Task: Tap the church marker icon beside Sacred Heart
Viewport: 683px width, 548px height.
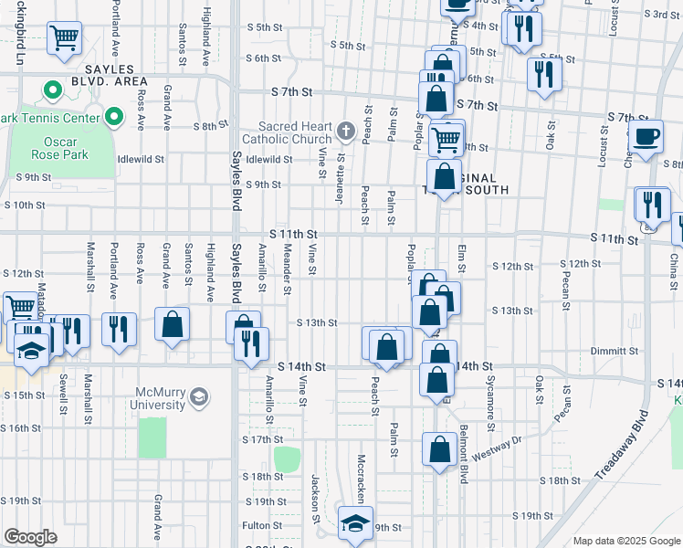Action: coord(345,132)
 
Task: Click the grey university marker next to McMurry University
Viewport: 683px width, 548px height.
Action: coord(199,398)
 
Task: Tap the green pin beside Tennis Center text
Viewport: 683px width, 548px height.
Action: coord(114,117)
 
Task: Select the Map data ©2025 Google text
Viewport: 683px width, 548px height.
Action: coord(625,541)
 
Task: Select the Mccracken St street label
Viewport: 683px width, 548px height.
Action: coord(362,475)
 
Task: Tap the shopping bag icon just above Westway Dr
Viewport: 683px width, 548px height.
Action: coord(440,449)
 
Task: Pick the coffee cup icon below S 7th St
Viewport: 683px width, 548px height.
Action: coord(646,137)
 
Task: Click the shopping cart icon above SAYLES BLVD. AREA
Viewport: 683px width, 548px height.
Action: coord(64,38)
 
